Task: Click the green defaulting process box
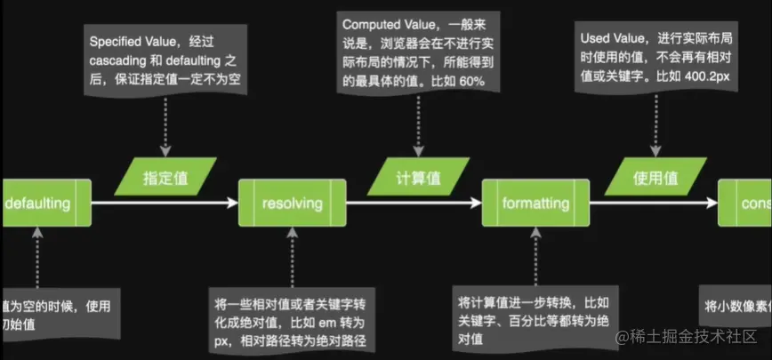point(44,204)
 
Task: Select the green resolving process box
point(292,204)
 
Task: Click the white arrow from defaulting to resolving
point(165,204)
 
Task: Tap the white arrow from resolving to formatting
point(414,204)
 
